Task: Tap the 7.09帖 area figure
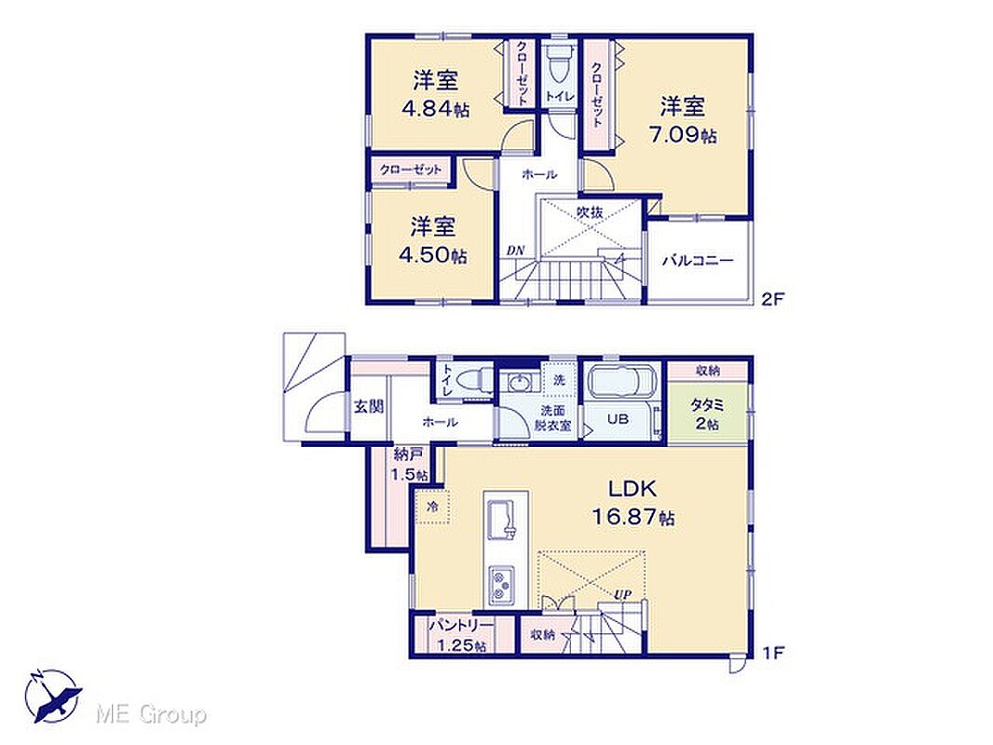pos(682,135)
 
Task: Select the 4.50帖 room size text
pos(433,254)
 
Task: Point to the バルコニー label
pos(698,260)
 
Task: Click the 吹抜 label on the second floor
pos(590,212)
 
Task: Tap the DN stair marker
pos(515,251)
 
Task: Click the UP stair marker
pos(622,594)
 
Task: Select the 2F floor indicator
pos(772,298)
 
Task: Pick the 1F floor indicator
pos(773,652)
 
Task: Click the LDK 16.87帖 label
pos(633,503)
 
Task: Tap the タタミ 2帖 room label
pos(707,414)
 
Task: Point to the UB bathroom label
pos(618,418)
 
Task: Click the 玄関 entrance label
pos(368,406)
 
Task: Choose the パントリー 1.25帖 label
pos(460,635)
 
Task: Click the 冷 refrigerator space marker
pos(433,507)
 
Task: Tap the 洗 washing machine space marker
pos(559,380)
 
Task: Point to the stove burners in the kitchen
pos(501,584)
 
